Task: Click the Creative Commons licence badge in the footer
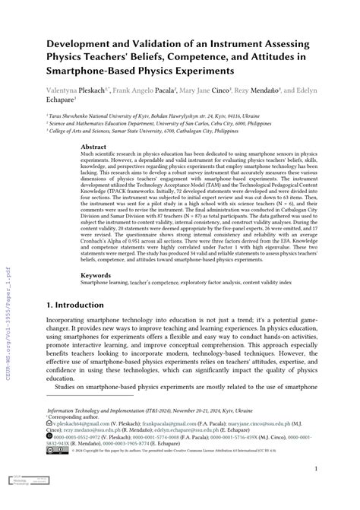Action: tap(55, 449)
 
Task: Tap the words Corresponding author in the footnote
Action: tap(77, 417)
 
